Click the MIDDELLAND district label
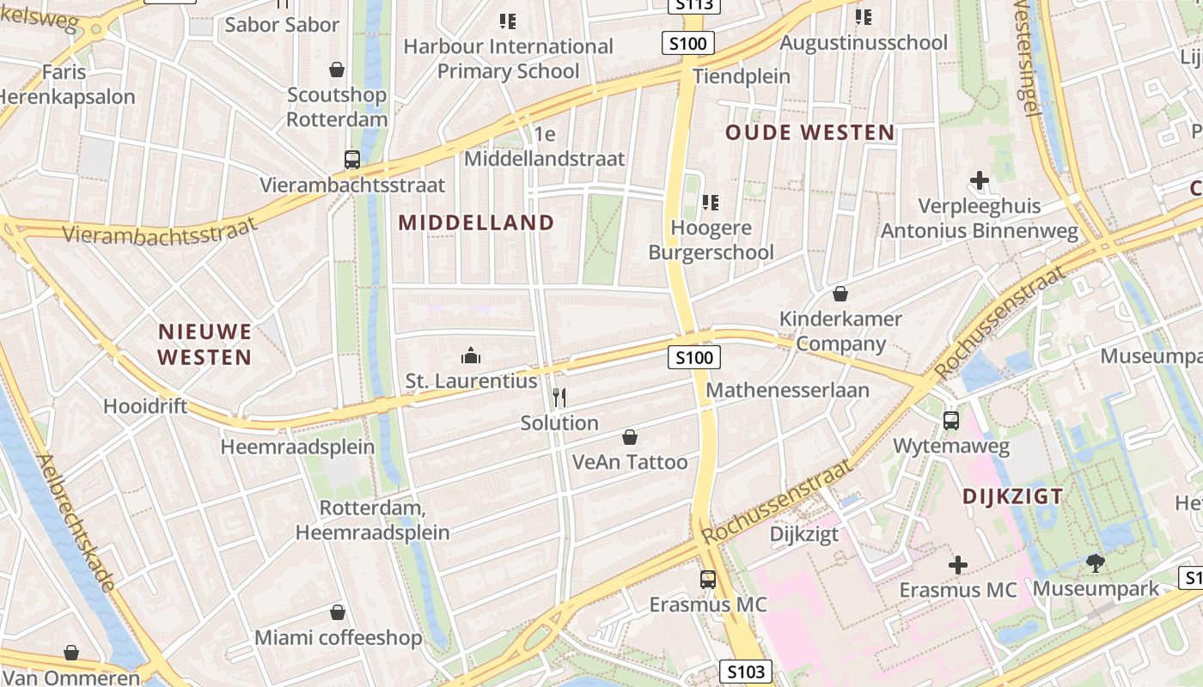click(x=476, y=222)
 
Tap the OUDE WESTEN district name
click(x=809, y=132)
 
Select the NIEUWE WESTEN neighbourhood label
click(x=205, y=343)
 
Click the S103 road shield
click(x=745, y=672)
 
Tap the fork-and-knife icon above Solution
click(x=559, y=397)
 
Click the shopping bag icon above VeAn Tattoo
click(x=630, y=437)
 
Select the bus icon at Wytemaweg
click(x=950, y=420)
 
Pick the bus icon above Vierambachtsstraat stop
click(x=352, y=159)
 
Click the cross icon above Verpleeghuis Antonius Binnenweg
click(x=979, y=180)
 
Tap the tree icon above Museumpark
click(x=1095, y=563)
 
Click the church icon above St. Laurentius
click(x=470, y=355)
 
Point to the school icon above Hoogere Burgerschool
click(x=711, y=203)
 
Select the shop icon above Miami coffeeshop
click(x=338, y=612)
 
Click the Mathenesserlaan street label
click(x=787, y=390)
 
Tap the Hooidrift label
click(x=145, y=405)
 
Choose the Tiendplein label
click(x=741, y=76)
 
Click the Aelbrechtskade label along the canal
click(x=78, y=522)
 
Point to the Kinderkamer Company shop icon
click(x=840, y=294)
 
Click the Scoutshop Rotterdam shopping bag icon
click(x=337, y=70)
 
